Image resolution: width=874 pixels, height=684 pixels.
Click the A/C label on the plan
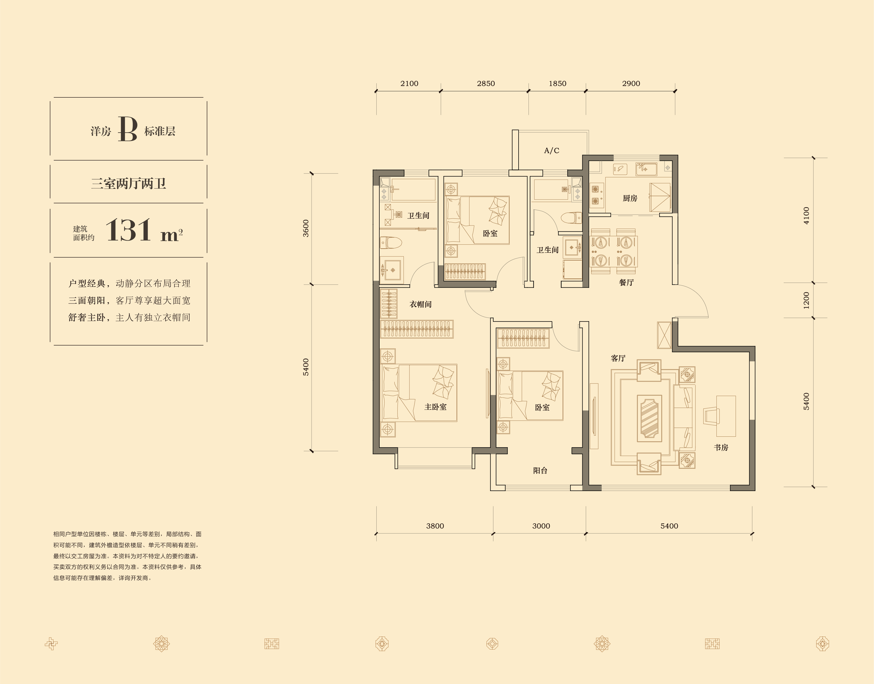[551, 151]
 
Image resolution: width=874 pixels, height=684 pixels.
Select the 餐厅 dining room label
[626, 282]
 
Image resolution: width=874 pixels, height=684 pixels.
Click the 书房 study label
[721, 447]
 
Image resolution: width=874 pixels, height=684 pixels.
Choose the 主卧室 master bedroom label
[436, 407]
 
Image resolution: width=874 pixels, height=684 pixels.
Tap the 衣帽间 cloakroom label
[420, 304]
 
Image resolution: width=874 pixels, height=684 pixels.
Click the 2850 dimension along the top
[486, 83]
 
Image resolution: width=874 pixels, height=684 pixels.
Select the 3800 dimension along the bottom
[435, 526]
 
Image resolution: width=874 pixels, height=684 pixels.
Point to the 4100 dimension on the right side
[806, 216]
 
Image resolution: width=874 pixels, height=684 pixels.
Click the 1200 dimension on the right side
[806, 300]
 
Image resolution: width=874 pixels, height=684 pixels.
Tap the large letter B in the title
[128, 129]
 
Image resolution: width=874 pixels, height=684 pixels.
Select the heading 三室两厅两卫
[129, 184]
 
